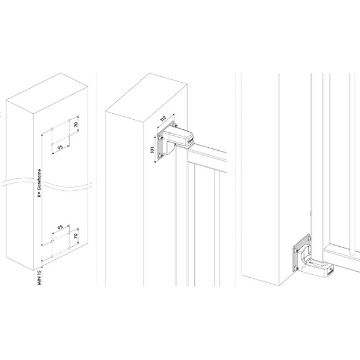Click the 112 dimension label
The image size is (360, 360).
[x=163, y=119]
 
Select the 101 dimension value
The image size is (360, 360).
[x=152, y=150]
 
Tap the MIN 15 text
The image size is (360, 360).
[x=39, y=278]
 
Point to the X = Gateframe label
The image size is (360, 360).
[x=39, y=183]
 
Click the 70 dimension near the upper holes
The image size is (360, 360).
[x=76, y=125]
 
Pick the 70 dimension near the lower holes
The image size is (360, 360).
[x=76, y=235]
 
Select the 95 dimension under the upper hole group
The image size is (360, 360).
[x=60, y=147]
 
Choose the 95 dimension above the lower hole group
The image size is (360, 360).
[x=60, y=227]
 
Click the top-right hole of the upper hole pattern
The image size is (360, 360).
[x=69, y=120]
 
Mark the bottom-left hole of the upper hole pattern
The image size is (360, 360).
[x=52, y=144]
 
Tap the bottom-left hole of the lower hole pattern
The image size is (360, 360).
[x=52, y=256]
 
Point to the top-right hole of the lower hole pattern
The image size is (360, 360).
[x=69, y=232]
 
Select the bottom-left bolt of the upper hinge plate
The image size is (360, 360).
[x=160, y=156]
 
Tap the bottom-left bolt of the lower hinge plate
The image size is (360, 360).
[x=296, y=268]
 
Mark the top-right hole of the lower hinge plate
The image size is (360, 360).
[x=309, y=239]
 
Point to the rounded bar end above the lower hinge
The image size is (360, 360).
[x=352, y=253]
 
